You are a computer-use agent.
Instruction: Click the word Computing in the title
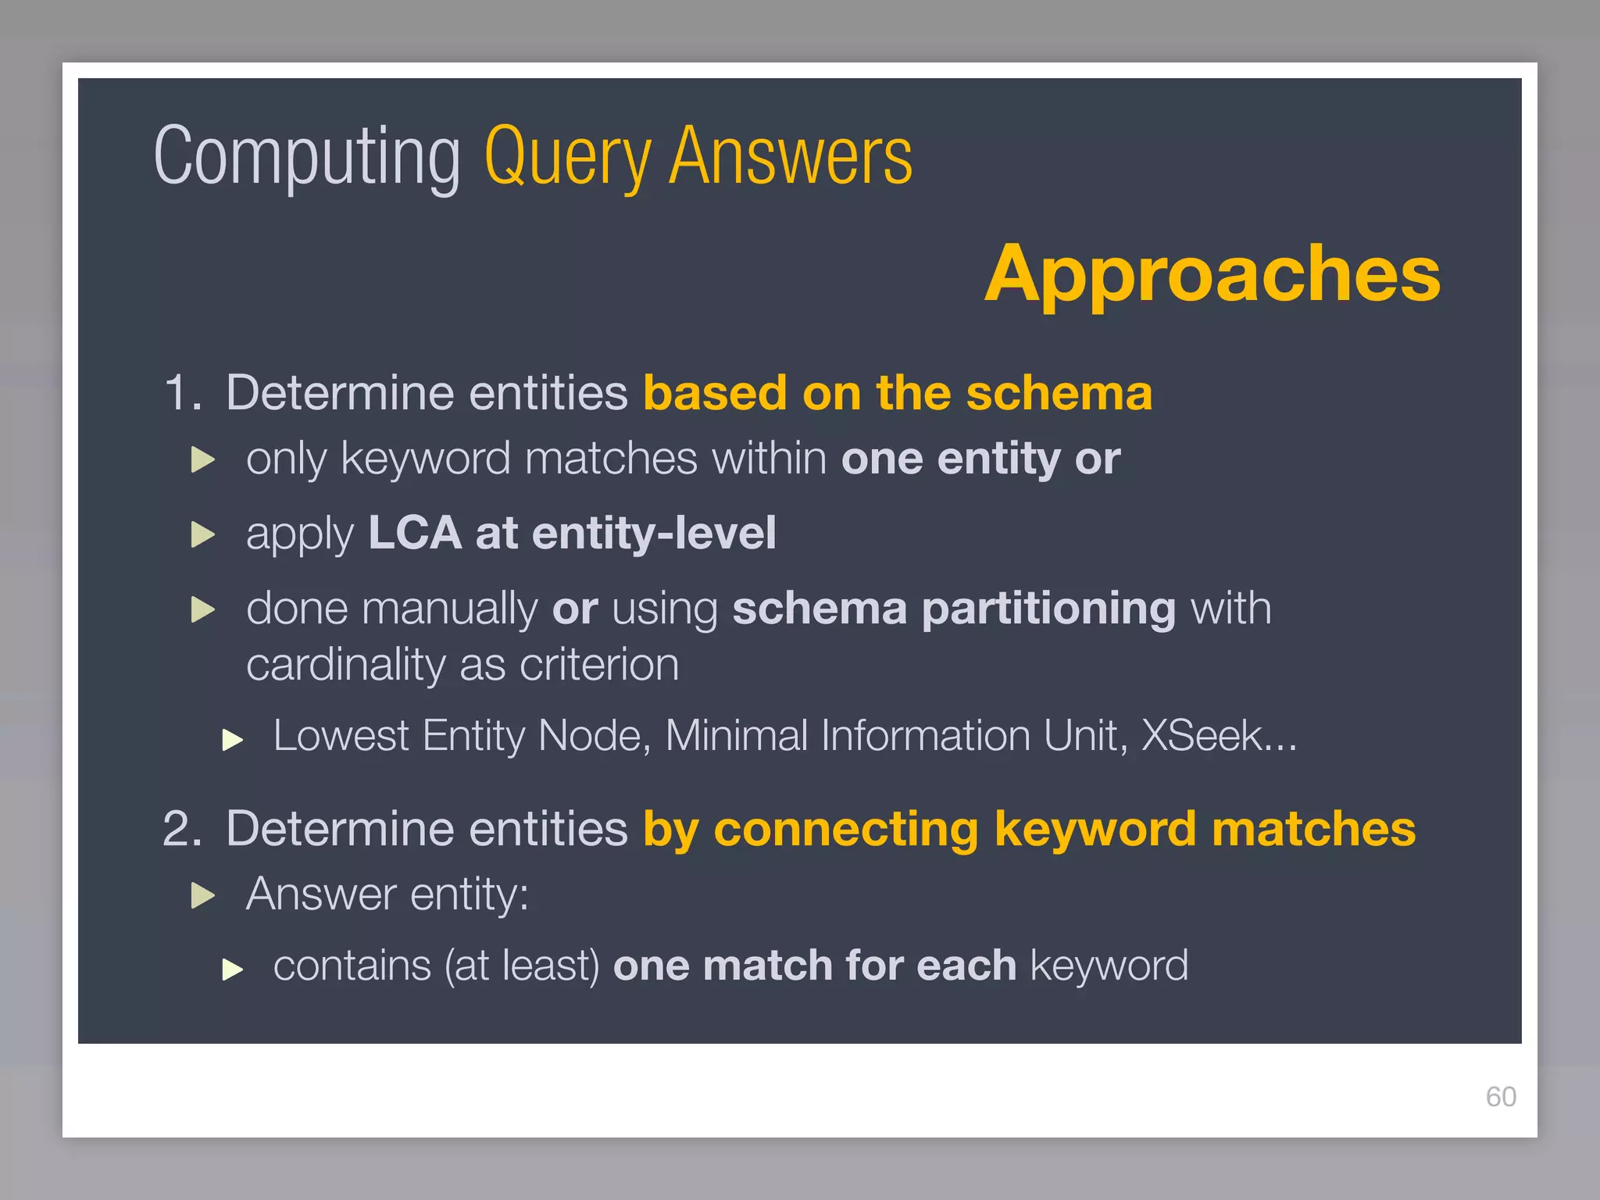pyautogui.click(x=307, y=158)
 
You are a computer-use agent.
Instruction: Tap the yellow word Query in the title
pyautogui.click(x=567, y=158)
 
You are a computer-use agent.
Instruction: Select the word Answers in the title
pyautogui.click(x=791, y=156)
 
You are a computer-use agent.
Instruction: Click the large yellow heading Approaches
pyautogui.click(x=1212, y=273)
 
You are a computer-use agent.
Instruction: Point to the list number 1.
pyautogui.click(x=180, y=392)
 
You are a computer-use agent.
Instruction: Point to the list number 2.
pyautogui.click(x=180, y=828)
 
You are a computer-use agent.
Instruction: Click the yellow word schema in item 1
pyautogui.click(x=1059, y=392)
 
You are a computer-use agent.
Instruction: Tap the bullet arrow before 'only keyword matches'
pyautogui.click(x=203, y=459)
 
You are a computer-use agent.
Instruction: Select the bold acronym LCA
pyautogui.click(x=415, y=533)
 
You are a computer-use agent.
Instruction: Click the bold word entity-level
pyautogui.click(x=654, y=533)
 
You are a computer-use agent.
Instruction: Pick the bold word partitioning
pyautogui.click(x=1048, y=609)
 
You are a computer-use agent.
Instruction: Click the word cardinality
pyautogui.click(x=345, y=665)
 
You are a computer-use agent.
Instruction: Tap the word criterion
pyautogui.click(x=599, y=665)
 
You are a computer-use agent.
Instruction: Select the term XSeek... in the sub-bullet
pyautogui.click(x=1218, y=736)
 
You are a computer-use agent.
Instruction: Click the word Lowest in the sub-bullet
pyautogui.click(x=341, y=736)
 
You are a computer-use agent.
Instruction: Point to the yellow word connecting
pyautogui.click(x=845, y=828)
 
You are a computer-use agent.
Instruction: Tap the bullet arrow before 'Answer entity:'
pyautogui.click(x=203, y=895)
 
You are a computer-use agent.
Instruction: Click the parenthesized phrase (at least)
pyautogui.click(x=522, y=966)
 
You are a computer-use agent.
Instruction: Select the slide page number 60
pyautogui.click(x=1500, y=1097)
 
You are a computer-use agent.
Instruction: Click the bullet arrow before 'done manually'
pyautogui.click(x=203, y=609)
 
